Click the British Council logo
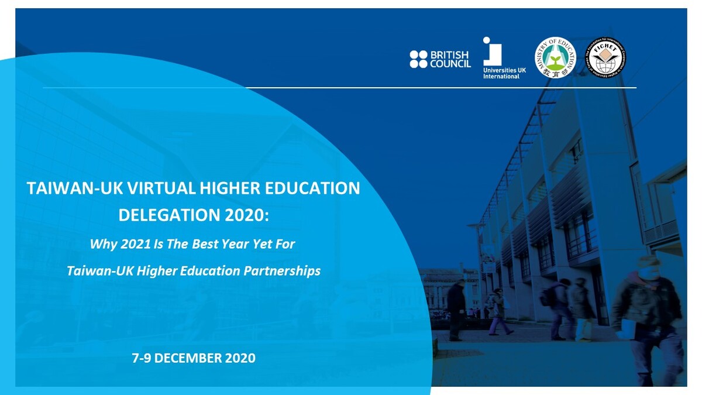(440, 59)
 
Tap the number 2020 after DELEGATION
(246, 215)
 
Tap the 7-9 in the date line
(143, 358)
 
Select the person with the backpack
(559, 307)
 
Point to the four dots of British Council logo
(418, 59)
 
